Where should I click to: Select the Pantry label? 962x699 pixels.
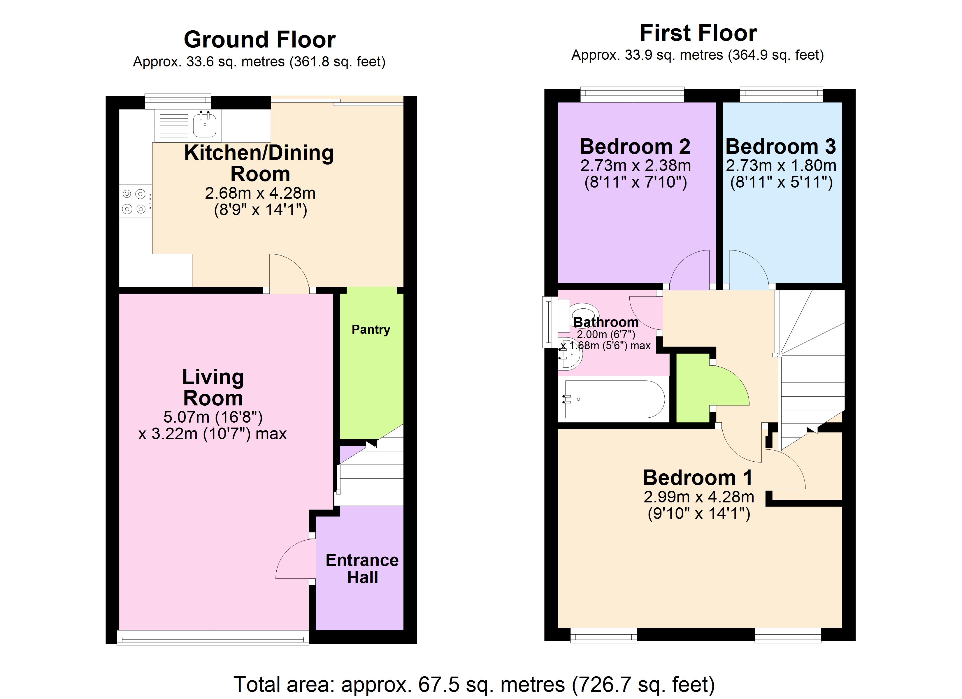pyautogui.click(x=371, y=329)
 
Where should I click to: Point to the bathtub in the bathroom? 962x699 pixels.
pyautogui.click(x=614, y=399)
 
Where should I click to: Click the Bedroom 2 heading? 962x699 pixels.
pyautogui.click(x=635, y=147)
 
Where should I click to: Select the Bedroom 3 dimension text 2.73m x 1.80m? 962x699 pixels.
pyautogui.click(x=781, y=165)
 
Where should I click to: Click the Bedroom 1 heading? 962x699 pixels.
pyautogui.click(x=698, y=478)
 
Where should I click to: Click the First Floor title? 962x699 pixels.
pyautogui.click(x=698, y=33)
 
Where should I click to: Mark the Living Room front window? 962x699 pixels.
pyautogui.click(x=213, y=638)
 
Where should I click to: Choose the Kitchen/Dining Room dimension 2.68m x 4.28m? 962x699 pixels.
pyautogui.click(x=260, y=193)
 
